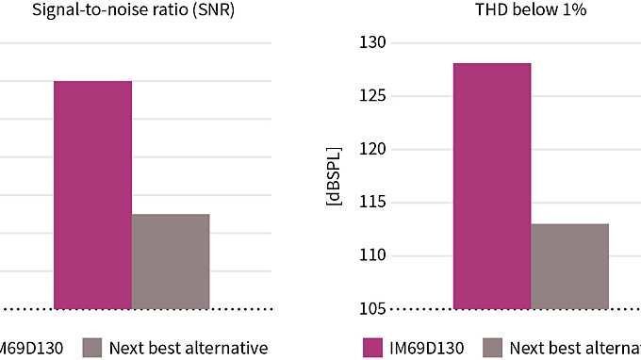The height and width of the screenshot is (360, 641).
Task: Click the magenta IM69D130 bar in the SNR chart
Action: click(92, 194)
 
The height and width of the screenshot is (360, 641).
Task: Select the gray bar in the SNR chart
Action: click(171, 261)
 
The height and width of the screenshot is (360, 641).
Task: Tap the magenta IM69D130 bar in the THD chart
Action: click(492, 186)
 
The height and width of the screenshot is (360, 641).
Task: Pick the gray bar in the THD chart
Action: click(569, 266)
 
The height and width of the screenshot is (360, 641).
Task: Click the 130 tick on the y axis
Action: click(374, 43)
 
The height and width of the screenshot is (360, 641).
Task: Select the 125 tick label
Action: click(374, 96)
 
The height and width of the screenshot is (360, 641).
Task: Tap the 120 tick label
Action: click(374, 149)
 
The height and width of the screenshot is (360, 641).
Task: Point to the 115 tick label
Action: click(374, 203)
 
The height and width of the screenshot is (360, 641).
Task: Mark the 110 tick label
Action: click(374, 255)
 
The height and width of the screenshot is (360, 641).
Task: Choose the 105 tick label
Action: click(374, 308)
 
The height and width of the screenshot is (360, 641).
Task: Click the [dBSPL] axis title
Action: click(333, 176)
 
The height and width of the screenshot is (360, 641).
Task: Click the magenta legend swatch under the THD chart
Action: click(373, 347)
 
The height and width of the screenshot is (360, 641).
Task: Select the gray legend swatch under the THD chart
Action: click(493, 347)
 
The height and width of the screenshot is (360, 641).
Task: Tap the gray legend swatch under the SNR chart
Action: click(91, 347)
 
